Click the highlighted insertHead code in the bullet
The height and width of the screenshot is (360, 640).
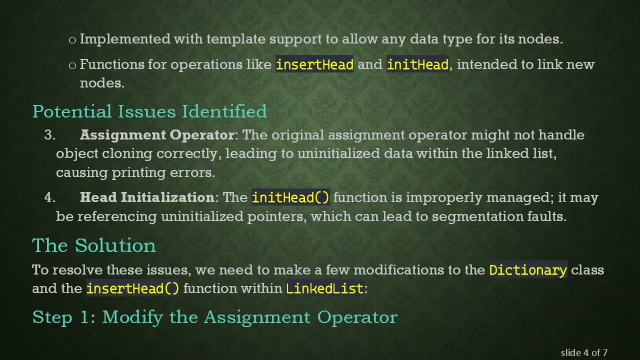(314, 64)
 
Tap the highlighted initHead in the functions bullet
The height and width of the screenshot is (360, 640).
(417, 64)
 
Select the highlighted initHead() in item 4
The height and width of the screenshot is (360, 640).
(290, 197)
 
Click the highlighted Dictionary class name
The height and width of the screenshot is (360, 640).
(528, 270)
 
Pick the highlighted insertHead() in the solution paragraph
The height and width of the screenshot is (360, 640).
(132, 288)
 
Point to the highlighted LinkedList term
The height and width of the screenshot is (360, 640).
(324, 288)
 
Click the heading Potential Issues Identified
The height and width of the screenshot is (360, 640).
(149, 111)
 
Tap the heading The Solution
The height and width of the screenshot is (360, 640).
(94, 245)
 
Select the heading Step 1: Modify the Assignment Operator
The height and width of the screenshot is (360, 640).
(214, 317)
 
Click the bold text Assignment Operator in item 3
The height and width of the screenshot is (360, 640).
(157, 135)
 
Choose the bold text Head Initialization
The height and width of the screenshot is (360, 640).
(147, 197)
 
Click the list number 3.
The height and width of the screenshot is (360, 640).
(49, 135)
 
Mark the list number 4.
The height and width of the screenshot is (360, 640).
(49, 197)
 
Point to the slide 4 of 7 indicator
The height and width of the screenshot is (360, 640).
(584, 352)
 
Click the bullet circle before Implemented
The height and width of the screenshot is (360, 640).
(72, 40)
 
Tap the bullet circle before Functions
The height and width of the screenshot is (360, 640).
(72, 65)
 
